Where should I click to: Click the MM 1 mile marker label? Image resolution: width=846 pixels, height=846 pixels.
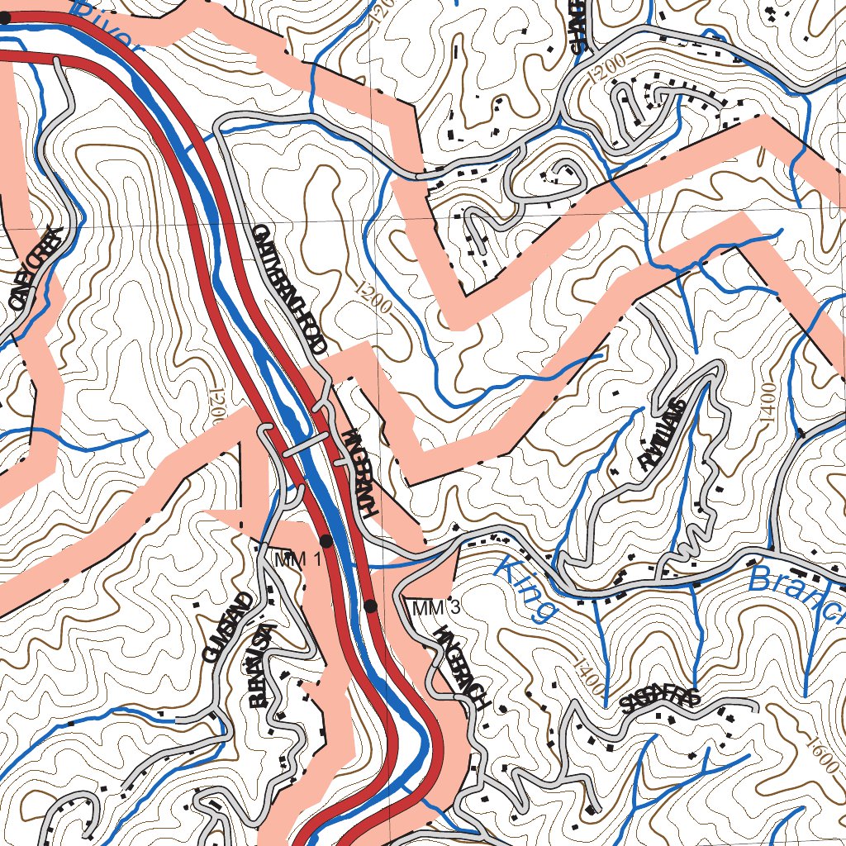(x=297, y=559)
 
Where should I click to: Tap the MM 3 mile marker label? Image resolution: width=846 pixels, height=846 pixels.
(x=435, y=609)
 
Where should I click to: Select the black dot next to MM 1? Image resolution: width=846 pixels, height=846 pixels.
(x=326, y=541)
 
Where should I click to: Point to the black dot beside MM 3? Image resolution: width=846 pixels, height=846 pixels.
(x=370, y=606)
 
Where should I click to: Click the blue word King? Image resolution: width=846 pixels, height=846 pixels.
(x=526, y=589)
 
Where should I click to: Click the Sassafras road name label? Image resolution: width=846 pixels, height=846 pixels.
(x=660, y=701)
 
